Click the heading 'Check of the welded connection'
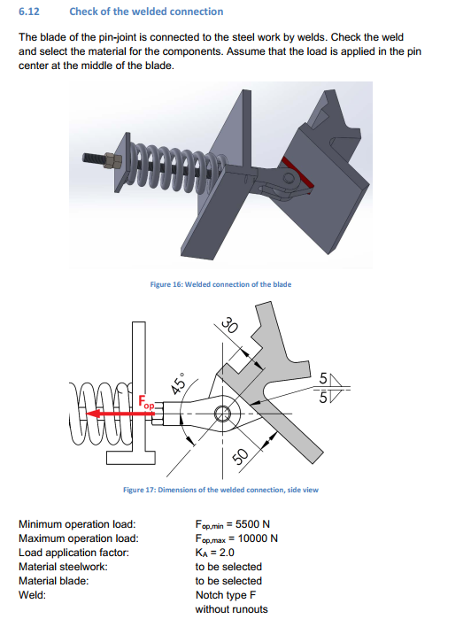point(146,12)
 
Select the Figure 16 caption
point(221,284)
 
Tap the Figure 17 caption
point(220,490)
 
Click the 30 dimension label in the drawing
point(232,325)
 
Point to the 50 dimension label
point(236,457)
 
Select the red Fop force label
point(144,403)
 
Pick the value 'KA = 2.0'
point(215,553)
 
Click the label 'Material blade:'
point(54,581)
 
